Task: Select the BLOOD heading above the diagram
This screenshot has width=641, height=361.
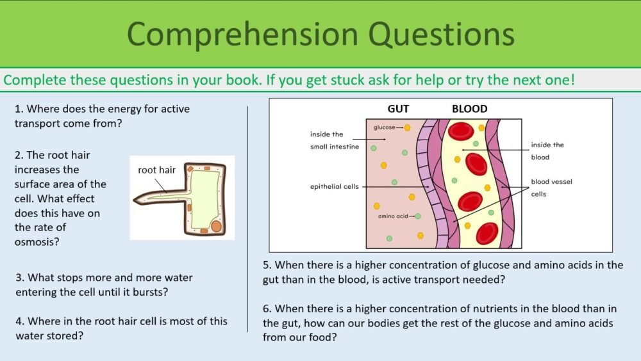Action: pyautogui.click(x=469, y=109)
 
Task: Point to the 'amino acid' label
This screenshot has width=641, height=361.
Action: pyautogui.click(x=392, y=216)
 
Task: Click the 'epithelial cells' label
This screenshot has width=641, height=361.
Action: pyautogui.click(x=334, y=187)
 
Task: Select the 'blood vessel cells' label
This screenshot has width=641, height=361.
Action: pyautogui.click(x=551, y=188)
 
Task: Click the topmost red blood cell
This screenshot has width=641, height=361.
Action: pyautogui.click(x=461, y=131)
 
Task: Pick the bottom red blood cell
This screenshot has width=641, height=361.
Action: pyautogui.click(x=487, y=234)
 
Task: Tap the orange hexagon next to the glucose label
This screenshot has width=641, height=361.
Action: pyautogui.click(x=407, y=128)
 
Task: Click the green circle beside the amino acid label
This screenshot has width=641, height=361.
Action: pyautogui.click(x=418, y=216)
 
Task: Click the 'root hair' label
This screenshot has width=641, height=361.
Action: pyautogui.click(x=157, y=170)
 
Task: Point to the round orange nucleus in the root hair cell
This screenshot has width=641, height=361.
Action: pyautogui.click(x=216, y=226)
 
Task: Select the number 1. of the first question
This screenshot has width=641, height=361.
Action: pyautogui.click(x=19, y=109)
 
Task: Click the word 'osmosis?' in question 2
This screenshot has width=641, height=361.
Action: pyautogui.click(x=36, y=242)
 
